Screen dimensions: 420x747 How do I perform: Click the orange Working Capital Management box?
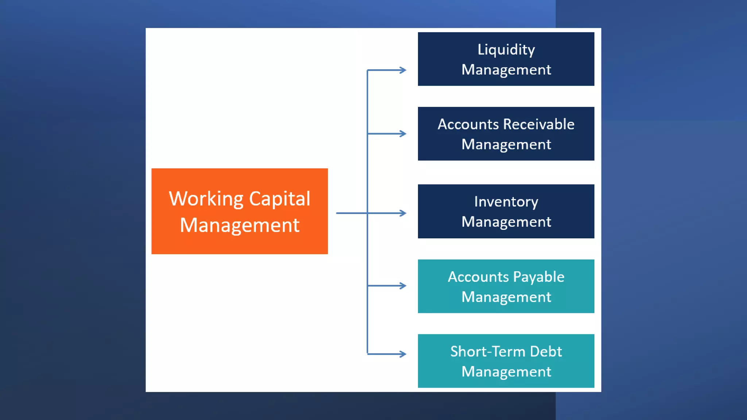(x=239, y=211)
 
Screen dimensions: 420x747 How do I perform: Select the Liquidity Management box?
(x=506, y=59)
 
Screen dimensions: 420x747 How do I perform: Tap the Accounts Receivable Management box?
(x=506, y=134)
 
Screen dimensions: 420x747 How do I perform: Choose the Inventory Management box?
(x=506, y=211)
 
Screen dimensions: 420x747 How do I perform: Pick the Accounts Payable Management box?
(x=506, y=286)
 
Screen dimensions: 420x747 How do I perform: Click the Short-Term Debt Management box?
(x=506, y=361)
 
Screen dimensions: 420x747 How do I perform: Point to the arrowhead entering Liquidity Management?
(x=403, y=70)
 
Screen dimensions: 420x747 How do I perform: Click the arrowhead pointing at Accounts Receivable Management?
(x=403, y=134)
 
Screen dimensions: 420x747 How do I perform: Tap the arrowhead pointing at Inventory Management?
(x=403, y=213)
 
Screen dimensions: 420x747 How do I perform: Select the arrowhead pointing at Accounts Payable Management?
(x=403, y=286)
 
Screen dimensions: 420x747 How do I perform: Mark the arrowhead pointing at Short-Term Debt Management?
(x=403, y=354)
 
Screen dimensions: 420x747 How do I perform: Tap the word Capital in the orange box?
(x=279, y=199)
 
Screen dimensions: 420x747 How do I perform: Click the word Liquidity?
(x=506, y=50)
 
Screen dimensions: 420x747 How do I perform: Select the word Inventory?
(x=506, y=202)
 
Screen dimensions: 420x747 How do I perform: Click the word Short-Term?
(x=488, y=352)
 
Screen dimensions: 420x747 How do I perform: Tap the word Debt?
(x=546, y=352)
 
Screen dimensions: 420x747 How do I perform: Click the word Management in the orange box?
(x=240, y=225)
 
